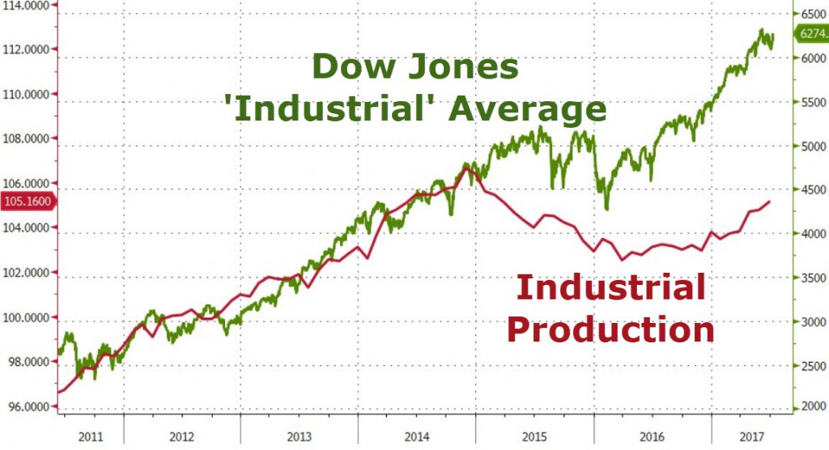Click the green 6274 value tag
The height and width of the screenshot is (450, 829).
pos(811,34)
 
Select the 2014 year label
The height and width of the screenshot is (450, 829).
pos(416,437)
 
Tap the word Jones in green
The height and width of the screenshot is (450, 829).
pos(461,67)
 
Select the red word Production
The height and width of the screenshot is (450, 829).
pos(611,330)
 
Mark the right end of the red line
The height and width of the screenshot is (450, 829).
pos(769,202)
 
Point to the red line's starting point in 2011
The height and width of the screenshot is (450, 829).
pos(58,393)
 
